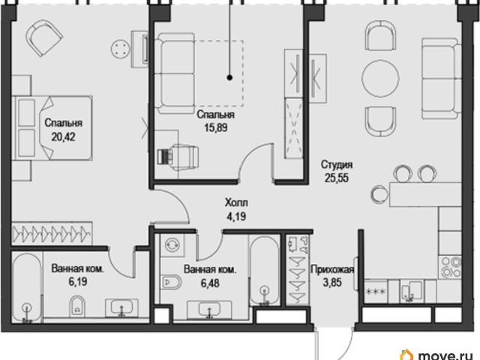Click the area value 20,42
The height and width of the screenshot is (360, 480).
(63, 136)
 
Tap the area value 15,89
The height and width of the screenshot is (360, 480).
(216, 127)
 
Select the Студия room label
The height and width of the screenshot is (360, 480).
(337, 165)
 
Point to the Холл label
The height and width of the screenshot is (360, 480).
(237, 202)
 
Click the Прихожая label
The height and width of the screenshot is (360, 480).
(332, 270)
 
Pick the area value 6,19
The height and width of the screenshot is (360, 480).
(78, 281)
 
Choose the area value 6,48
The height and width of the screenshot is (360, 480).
(210, 283)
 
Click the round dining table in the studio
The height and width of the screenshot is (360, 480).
(380, 78)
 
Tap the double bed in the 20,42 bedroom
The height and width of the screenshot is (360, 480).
(52, 127)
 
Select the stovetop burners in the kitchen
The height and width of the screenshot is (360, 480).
(450, 267)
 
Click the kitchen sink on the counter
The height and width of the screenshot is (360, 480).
(412, 292)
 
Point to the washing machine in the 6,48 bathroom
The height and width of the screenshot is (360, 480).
(172, 245)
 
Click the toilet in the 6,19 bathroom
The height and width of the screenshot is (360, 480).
(76, 307)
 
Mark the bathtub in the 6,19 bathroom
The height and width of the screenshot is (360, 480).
(27, 287)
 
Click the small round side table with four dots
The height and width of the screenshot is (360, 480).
(120, 49)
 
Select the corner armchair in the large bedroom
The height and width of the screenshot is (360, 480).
(45, 38)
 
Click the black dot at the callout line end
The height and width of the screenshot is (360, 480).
(229, 78)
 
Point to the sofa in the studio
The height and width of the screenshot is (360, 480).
(442, 78)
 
